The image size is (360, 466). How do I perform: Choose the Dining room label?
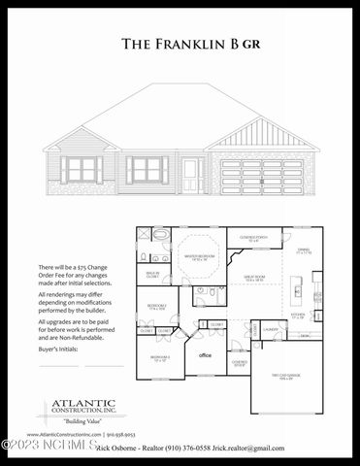[302, 251]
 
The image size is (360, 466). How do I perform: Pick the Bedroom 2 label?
[157, 307]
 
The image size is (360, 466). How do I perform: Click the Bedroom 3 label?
[160, 358]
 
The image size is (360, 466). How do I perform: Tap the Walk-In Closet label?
[152, 275]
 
